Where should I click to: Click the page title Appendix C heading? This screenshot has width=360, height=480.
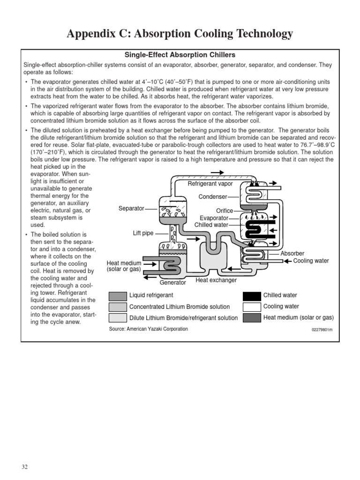tap(180, 34)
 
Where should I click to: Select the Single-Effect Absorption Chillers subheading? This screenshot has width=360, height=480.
tap(180, 55)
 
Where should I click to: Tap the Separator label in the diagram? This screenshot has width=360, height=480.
tap(131, 208)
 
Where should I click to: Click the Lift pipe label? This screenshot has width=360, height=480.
tap(143, 233)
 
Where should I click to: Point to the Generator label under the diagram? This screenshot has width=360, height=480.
tap(172, 283)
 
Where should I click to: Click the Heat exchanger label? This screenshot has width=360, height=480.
tap(216, 280)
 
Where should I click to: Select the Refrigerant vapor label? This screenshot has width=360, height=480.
tap(210, 184)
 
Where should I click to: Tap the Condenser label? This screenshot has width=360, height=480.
tap(213, 197)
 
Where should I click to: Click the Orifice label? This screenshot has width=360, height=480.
tap(225, 211)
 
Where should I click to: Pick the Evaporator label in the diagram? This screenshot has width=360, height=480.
tap(214, 218)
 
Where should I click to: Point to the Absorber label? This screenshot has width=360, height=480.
tap(292, 254)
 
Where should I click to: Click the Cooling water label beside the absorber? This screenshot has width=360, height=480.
tap(311, 261)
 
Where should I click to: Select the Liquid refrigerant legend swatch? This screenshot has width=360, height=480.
tap(118, 296)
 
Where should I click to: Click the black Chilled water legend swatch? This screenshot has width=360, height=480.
tap(252, 296)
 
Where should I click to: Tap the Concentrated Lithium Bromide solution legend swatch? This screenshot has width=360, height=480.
tap(118, 307)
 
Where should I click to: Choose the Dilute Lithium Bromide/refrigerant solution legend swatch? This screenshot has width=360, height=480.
tap(118, 318)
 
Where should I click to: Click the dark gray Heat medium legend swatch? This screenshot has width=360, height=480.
tap(252, 318)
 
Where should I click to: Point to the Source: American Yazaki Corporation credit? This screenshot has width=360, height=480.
tap(148, 329)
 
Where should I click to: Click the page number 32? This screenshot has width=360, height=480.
tap(25, 467)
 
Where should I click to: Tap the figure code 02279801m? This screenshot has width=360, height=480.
tap(322, 330)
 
